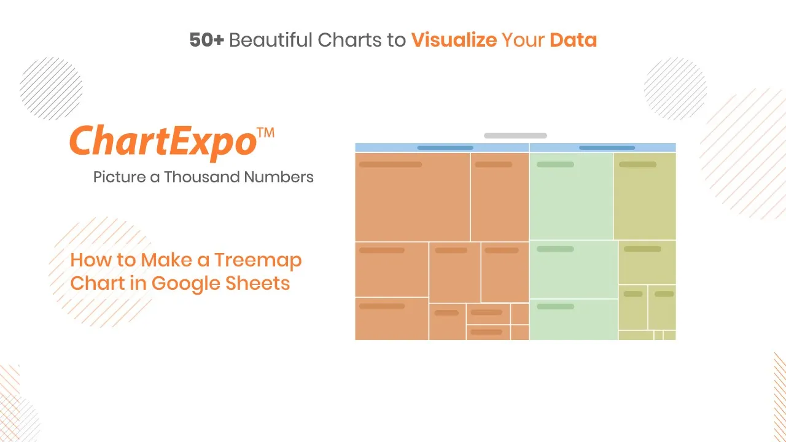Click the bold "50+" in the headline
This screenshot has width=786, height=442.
coord(207,40)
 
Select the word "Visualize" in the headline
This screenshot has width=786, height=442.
coord(454,40)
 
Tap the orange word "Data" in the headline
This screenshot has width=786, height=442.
coord(573,40)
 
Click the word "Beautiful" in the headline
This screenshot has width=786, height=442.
coord(271,40)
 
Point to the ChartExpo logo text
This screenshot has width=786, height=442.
coord(163,142)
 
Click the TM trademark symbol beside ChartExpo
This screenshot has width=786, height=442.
coord(266,133)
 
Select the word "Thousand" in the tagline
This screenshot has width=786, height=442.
coord(202,177)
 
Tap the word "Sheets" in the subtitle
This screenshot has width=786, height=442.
coord(257,283)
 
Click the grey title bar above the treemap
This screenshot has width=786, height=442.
coord(515,136)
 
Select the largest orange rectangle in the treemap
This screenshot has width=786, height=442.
coord(412,197)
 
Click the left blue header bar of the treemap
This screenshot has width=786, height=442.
coord(442,148)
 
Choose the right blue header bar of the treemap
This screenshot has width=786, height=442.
coord(602,148)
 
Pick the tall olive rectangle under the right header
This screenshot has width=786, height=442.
coord(645,196)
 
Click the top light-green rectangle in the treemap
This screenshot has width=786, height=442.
coord(571,196)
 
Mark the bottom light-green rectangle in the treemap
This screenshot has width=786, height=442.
coord(574,320)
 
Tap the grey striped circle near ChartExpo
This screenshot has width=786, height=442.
coord(51,88)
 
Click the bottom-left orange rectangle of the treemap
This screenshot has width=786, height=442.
coord(392,319)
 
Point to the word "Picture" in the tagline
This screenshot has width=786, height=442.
coord(119,177)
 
